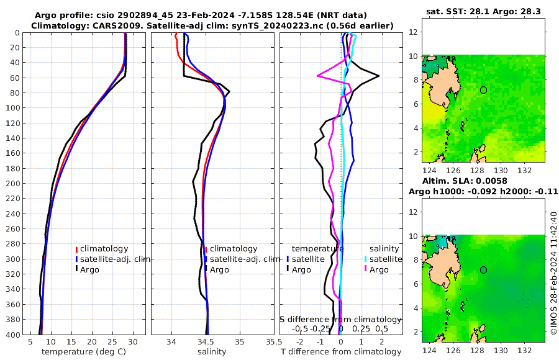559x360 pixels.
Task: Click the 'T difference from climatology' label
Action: (340, 352)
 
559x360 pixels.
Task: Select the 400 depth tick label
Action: (12, 335)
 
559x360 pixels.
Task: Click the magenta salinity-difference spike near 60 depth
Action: (319, 76)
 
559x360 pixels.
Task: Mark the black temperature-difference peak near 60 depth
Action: (378, 76)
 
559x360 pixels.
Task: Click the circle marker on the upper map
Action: (483, 90)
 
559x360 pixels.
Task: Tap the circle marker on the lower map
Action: (483, 270)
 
